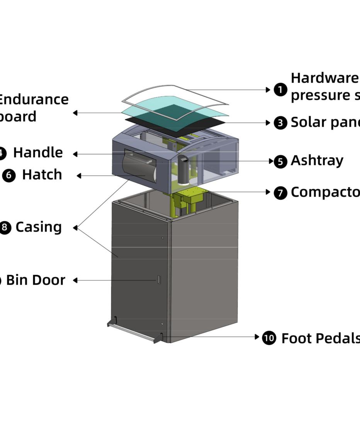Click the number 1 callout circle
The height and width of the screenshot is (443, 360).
(x=280, y=90)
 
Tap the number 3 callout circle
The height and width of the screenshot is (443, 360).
(x=280, y=123)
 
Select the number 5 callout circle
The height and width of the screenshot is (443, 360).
(x=280, y=161)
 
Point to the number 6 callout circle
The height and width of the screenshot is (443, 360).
(x=9, y=175)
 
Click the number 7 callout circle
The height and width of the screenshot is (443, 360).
(x=280, y=192)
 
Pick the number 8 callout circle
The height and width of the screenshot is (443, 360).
(x=5, y=227)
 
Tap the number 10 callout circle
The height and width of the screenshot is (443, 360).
(x=269, y=338)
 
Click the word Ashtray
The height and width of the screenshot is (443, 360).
(x=317, y=160)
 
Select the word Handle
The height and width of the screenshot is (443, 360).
(x=38, y=153)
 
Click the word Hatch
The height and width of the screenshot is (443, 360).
(x=42, y=175)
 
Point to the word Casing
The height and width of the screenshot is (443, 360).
(x=38, y=227)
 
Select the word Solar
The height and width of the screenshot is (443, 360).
(x=307, y=122)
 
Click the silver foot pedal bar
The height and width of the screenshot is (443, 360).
(x=131, y=332)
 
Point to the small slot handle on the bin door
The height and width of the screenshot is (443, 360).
(x=159, y=280)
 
